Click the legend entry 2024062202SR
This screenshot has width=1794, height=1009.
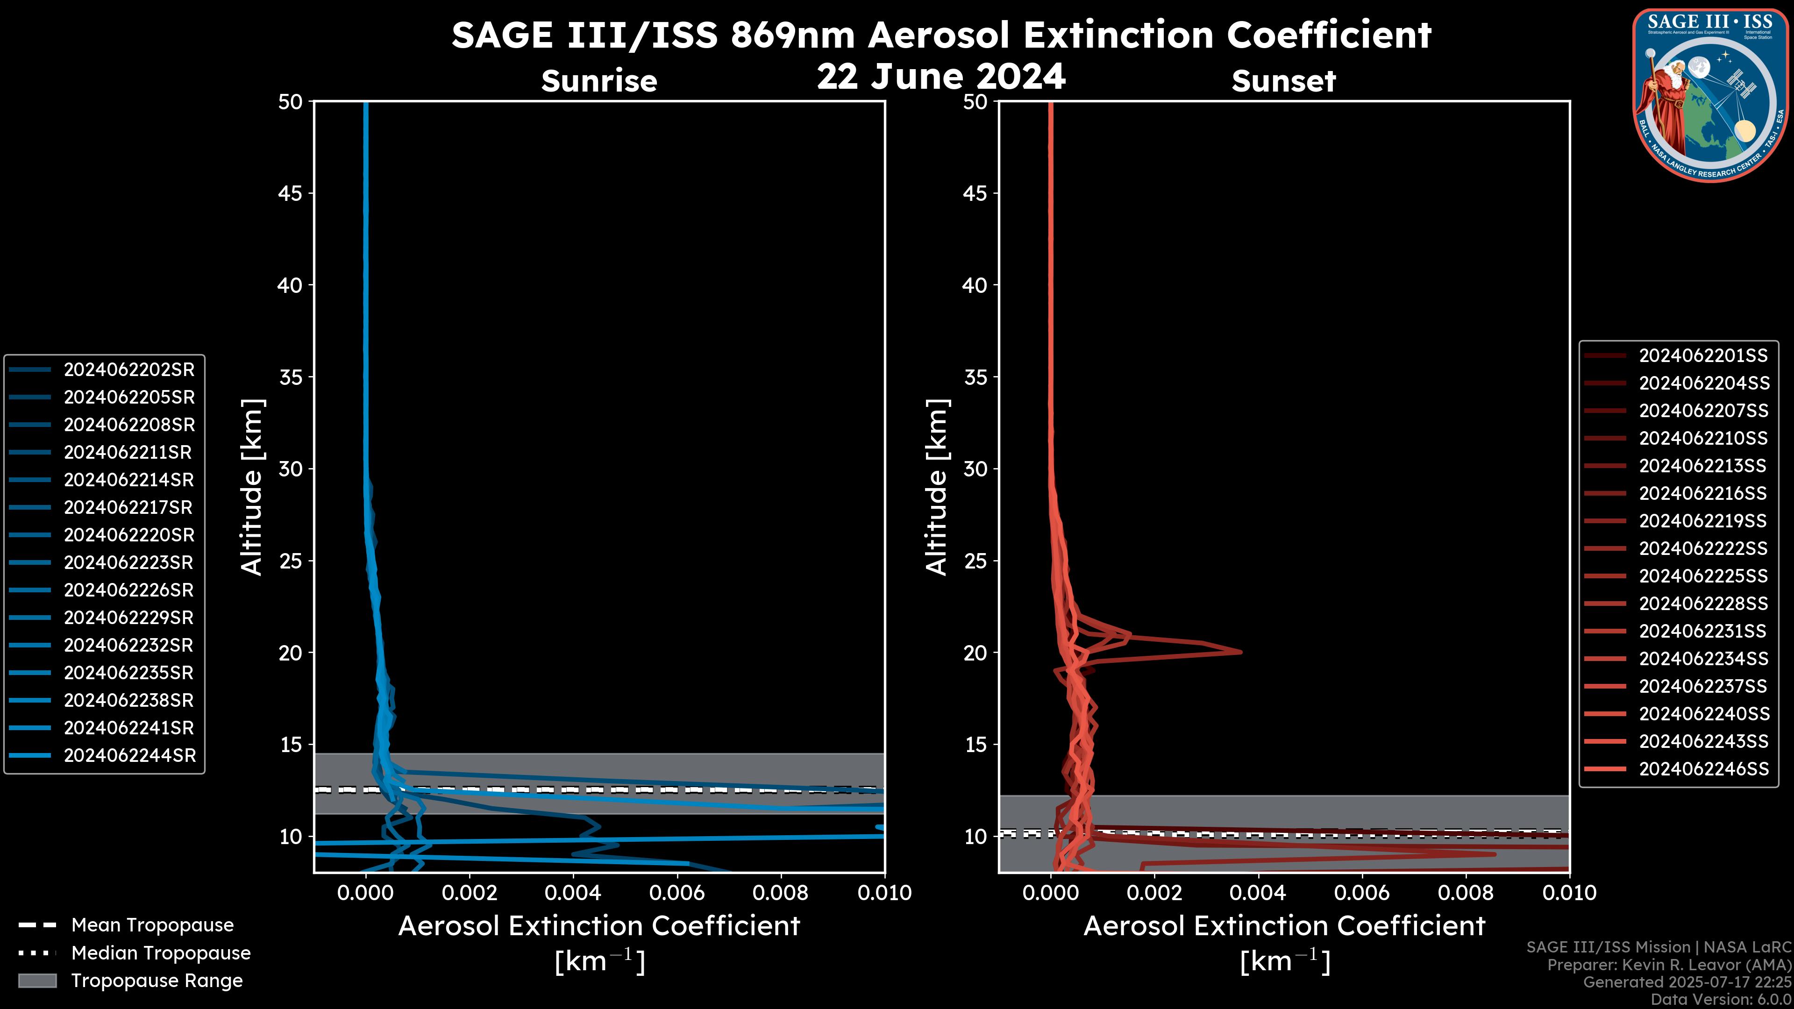pos(129,370)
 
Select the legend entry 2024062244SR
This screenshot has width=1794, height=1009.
pos(129,755)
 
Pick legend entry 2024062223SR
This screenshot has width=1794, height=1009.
pos(129,562)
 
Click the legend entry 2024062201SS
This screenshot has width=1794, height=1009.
pos(1703,356)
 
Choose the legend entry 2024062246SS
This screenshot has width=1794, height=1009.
pos(1703,769)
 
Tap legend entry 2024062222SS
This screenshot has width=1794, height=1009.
pos(1703,549)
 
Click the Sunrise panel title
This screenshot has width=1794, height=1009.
pos(599,81)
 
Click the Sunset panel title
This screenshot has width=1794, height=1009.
pos(1283,81)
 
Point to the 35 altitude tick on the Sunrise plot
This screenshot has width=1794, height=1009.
pos(291,377)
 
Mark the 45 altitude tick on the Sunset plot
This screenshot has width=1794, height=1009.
pos(975,193)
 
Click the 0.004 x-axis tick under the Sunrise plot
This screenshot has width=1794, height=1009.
pos(572,893)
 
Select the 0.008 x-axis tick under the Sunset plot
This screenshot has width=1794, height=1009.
pos(1466,893)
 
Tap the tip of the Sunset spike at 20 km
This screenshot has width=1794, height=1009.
pos(1240,652)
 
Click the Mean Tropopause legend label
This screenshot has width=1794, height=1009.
pos(152,925)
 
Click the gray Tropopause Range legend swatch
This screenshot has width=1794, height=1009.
pos(37,981)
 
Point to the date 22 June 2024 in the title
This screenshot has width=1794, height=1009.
pos(941,77)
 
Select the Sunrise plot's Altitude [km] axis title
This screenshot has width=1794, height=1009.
pos(252,487)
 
